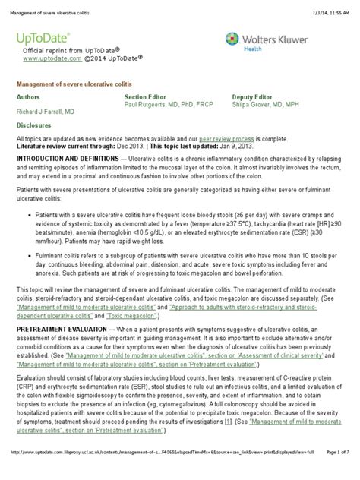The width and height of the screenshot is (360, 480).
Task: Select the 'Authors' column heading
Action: [x=30, y=98]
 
